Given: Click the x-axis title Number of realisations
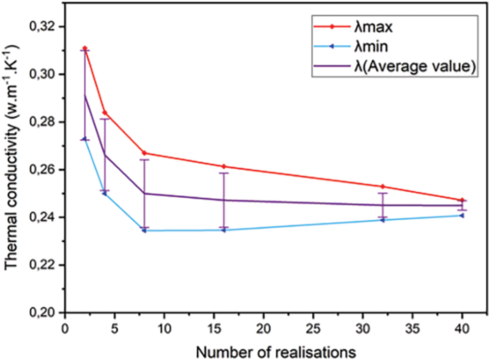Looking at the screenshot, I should coord(276,351).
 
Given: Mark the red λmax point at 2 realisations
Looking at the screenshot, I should coord(85,48).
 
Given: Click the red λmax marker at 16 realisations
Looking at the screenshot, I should coord(223,166).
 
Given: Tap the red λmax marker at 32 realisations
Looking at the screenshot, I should coord(382,186).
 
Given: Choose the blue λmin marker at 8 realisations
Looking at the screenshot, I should coord(144,230).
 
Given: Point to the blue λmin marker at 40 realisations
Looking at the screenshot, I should coord(461,215).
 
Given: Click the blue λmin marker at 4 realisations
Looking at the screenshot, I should coord(104,193).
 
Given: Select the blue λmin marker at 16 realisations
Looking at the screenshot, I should coord(223,230).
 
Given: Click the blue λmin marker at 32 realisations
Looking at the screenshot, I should coord(382,220).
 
